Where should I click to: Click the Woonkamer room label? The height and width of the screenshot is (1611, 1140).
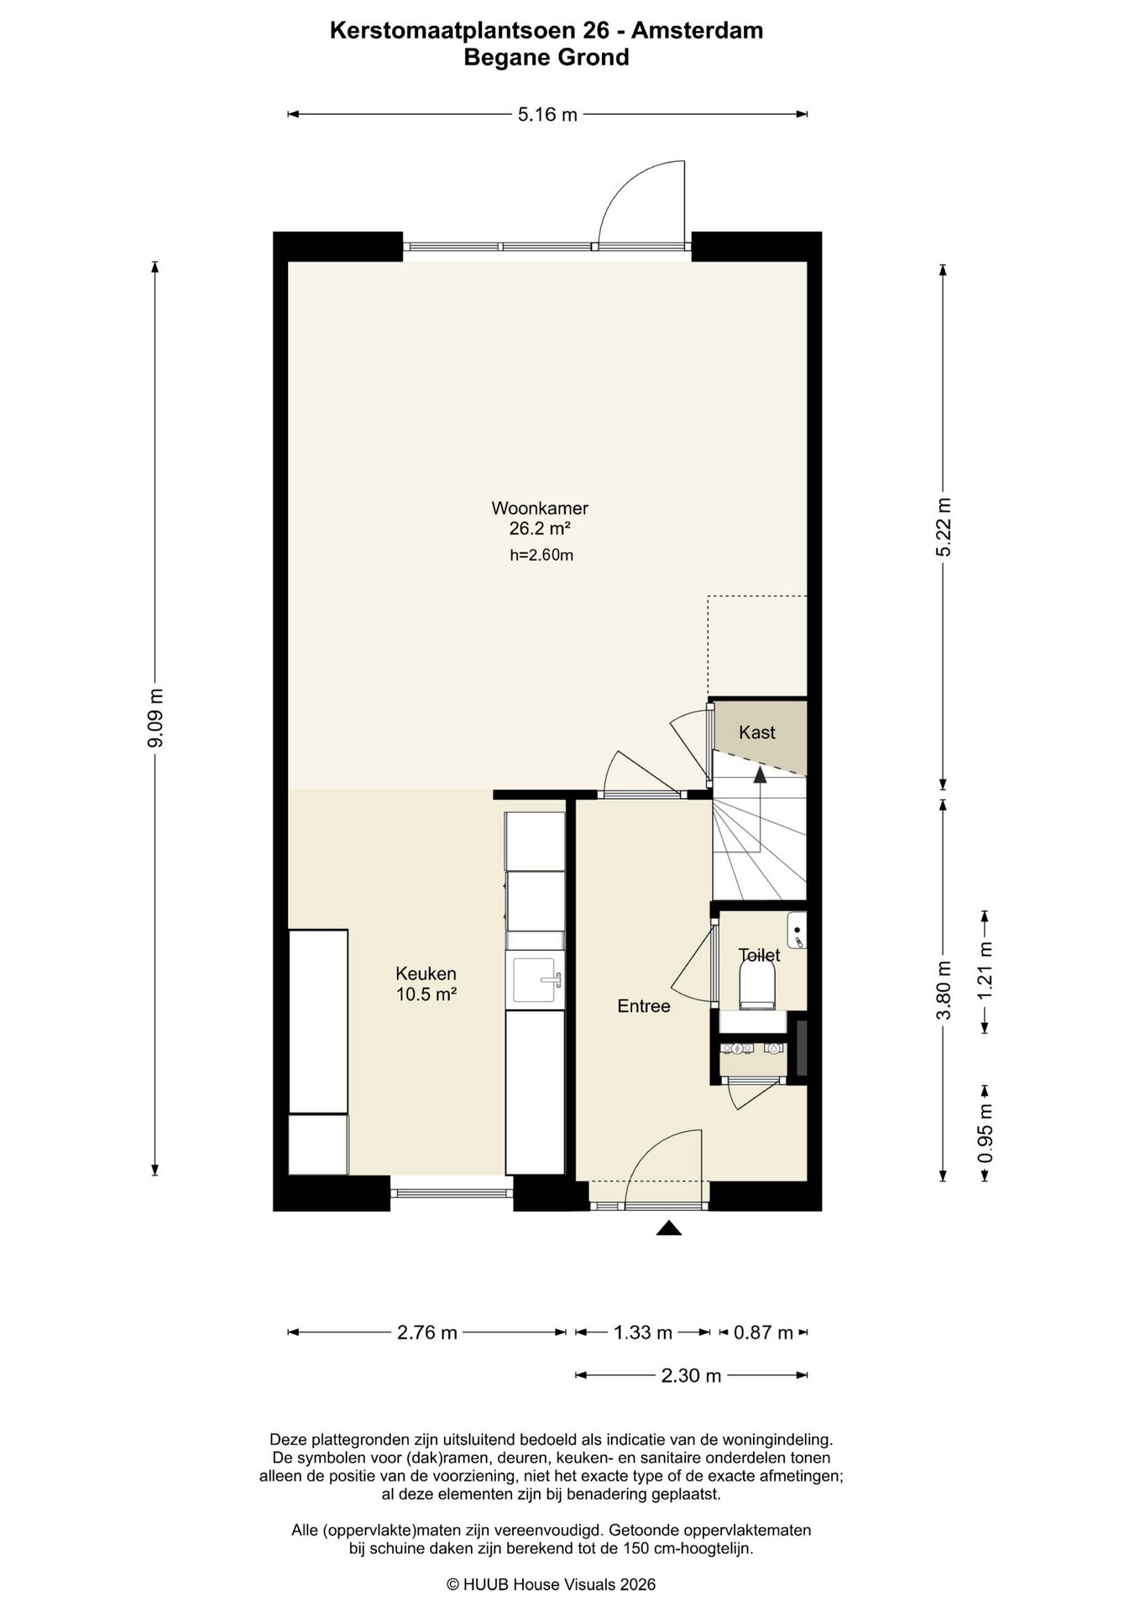coord(540,508)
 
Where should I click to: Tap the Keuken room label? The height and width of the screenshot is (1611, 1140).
coord(426,974)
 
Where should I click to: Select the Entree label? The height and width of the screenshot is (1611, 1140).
coord(644,1006)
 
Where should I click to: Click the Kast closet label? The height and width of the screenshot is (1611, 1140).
coord(757,733)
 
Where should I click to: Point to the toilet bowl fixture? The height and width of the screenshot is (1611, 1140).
coord(756,984)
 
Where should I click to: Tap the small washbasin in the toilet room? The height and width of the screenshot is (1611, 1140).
coord(797,931)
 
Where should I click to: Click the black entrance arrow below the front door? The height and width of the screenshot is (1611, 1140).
coord(668,1228)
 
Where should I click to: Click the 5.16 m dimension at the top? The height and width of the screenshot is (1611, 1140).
coord(547,115)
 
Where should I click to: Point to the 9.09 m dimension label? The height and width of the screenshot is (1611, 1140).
coord(155,718)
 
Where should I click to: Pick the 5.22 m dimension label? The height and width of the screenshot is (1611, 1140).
coord(944,527)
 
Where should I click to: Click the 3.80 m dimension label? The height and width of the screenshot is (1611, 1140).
coord(944,990)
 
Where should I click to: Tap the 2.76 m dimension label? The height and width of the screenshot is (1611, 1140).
coord(427,1332)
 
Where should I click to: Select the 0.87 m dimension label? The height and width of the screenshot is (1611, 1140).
coord(763,1332)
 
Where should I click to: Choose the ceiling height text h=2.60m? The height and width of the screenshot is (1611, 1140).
coord(541,555)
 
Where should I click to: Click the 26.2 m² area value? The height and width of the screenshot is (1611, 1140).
coord(540,529)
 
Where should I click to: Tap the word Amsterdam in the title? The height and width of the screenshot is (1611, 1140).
coord(698,31)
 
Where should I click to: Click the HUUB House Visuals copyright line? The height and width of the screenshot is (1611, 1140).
coord(551,1585)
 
